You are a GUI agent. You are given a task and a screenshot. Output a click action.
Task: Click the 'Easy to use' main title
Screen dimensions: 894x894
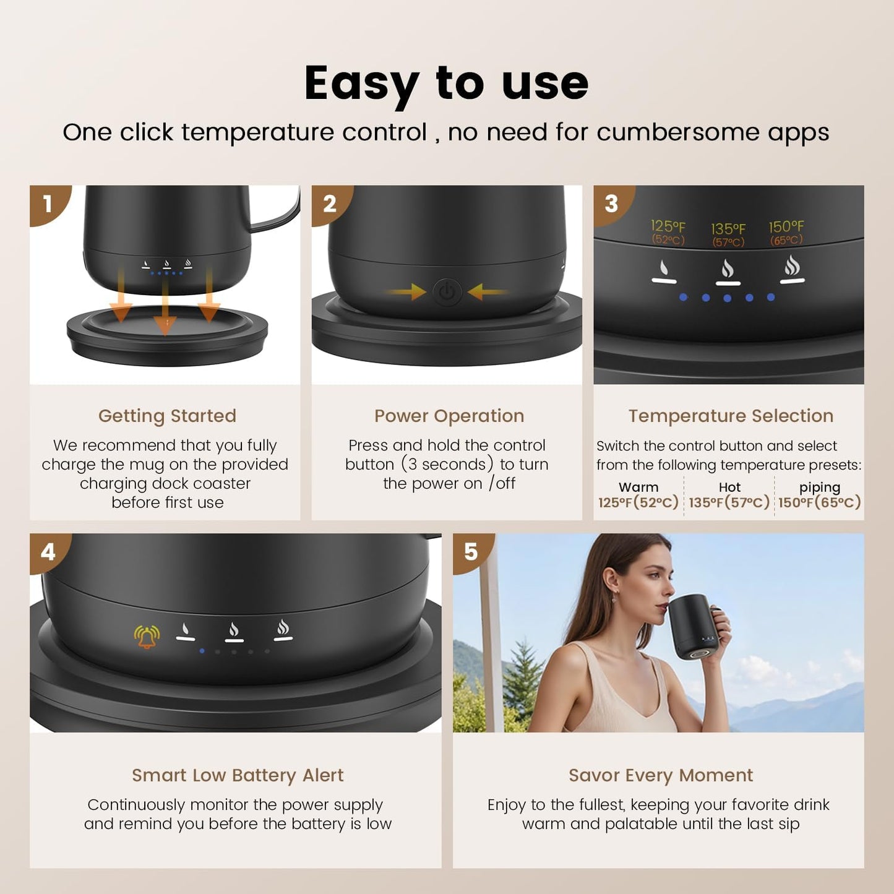(x=446, y=84)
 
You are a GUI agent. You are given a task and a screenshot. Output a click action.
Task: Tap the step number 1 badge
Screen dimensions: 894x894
(x=48, y=204)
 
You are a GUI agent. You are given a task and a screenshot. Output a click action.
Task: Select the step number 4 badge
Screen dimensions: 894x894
(x=48, y=551)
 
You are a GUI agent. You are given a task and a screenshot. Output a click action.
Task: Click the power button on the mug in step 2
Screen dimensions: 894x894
(x=447, y=291)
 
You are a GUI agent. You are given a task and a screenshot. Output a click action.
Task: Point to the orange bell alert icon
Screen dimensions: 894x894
(x=147, y=636)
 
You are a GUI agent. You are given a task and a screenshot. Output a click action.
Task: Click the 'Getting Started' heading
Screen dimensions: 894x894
(x=167, y=416)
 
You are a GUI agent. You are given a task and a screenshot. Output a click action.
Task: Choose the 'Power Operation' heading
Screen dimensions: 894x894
(x=449, y=416)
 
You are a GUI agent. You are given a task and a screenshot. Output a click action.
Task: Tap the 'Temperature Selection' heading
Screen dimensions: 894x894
(x=731, y=416)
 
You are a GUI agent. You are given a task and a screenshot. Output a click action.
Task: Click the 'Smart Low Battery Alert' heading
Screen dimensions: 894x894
(x=238, y=775)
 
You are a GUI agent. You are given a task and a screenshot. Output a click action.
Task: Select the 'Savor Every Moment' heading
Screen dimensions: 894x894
(x=661, y=775)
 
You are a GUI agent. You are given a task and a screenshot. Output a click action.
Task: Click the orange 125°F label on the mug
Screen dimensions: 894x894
(x=668, y=226)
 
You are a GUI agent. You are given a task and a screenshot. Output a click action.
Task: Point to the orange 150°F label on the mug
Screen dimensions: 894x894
(x=786, y=227)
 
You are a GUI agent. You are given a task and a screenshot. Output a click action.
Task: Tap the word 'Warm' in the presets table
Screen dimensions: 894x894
(x=638, y=488)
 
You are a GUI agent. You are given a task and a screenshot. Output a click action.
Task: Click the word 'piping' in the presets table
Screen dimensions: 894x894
(x=819, y=488)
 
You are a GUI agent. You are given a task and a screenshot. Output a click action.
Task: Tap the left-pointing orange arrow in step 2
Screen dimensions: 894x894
(x=486, y=291)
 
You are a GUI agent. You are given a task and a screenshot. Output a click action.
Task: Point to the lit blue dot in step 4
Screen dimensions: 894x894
(x=202, y=651)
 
